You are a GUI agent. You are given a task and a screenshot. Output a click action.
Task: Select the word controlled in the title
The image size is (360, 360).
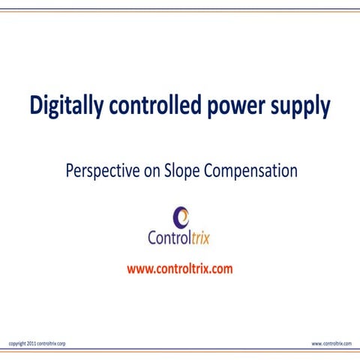coord(153,106)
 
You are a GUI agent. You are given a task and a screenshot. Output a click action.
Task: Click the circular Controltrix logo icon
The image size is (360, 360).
coord(181,216)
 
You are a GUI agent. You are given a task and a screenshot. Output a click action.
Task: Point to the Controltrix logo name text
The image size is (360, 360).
coord(180,239)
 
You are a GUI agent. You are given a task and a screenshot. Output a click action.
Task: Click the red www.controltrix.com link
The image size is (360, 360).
coord(180,268)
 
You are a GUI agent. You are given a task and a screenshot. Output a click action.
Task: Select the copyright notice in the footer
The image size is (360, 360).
coord(37,343)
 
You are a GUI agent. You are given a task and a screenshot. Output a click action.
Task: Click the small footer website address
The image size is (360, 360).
coord(331,343)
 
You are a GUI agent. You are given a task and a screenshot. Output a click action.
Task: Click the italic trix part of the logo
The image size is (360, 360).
coord(199,239)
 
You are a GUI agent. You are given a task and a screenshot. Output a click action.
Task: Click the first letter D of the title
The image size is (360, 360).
coord(35,106)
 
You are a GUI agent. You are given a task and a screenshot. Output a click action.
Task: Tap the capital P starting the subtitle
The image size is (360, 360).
coord(70,171)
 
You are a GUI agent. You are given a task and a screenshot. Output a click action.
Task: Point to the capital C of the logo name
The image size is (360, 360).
coord(154,239)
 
